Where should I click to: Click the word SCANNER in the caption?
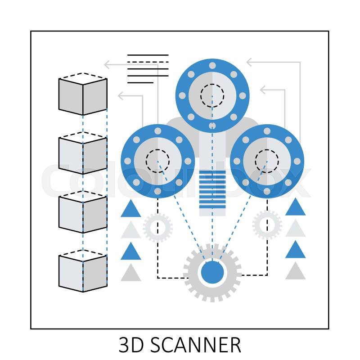(x=195, y=345)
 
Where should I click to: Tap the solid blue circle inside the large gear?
(x=212, y=273)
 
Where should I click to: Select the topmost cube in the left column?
(x=83, y=95)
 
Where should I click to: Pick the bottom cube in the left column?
(x=83, y=272)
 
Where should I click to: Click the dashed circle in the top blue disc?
(x=212, y=95)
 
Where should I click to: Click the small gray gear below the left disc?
(x=157, y=228)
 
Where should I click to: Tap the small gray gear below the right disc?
(x=267, y=224)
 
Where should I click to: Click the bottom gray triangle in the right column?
(x=295, y=271)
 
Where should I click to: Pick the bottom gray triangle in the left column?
(x=131, y=273)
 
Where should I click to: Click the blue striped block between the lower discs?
(x=212, y=189)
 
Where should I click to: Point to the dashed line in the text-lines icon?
(x=148, y=62)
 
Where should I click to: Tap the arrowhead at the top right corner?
(x=249, y=62)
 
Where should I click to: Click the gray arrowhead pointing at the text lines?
(x=108, y=65)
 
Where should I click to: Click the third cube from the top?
(x=83, y=212)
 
